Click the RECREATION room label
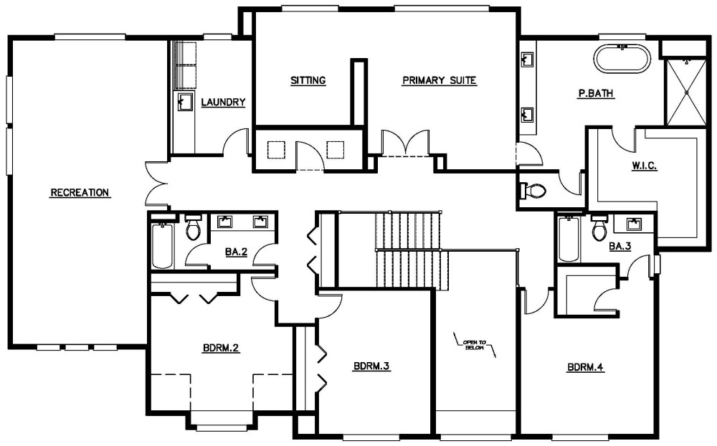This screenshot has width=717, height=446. coord(80,192)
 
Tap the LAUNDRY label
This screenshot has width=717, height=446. coord(223,103)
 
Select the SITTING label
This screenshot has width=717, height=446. coord(308,80)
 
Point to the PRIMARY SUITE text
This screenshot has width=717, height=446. coord(439,80)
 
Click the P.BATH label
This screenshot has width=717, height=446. coord(597,93)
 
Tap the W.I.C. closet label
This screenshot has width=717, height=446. coord(645,166)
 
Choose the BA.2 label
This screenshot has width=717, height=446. coord(236,252)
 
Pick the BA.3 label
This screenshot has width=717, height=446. coord(619,246)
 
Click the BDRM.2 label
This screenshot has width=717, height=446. coord(220,348)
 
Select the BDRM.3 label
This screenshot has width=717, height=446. coord(371,366)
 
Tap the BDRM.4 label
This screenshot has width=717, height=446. coord(586,368)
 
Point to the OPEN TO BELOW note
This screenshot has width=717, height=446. coord(474,344)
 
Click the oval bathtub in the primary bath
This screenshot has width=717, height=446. coord(623,59)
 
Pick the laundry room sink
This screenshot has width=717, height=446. coord(185,102)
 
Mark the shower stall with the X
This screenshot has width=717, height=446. coord(686,91)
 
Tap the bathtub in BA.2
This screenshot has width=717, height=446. coord(162,247)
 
